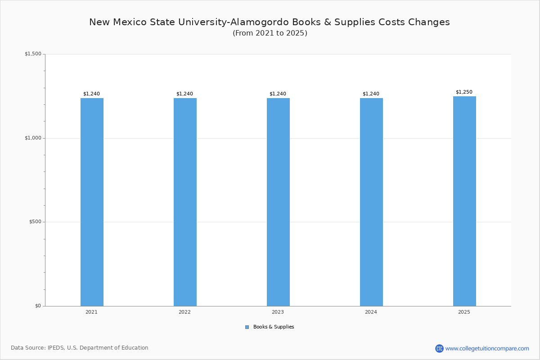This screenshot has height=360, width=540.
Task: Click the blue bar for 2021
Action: coord(92,202)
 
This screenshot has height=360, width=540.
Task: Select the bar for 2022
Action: coord(185,202)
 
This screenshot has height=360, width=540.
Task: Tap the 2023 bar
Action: coord(278,202)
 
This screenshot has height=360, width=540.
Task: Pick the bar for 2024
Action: coord(371,202)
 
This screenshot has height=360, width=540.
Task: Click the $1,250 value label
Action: coord(464,92)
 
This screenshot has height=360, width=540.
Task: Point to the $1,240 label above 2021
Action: coord(91,94)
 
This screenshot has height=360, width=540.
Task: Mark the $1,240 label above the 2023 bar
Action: coord(278,94)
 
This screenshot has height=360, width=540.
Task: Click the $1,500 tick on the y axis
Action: coord(33,54)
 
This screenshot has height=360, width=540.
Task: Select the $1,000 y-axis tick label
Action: coord(33,138)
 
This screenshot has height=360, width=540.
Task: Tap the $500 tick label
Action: coord(35,222)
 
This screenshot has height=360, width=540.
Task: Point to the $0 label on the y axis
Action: coord(38,306)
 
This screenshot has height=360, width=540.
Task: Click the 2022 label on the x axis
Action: coord(184,312)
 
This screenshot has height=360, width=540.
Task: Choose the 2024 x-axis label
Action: coord(371,312)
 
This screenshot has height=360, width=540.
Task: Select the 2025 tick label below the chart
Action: coord(464,312)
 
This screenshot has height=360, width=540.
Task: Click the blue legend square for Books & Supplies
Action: coord(247,327)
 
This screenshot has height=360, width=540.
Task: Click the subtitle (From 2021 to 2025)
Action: coord(270,33)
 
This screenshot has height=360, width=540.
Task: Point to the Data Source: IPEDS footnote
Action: coord(80,348)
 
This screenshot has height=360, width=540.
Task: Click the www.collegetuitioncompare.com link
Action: coord(487,348)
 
